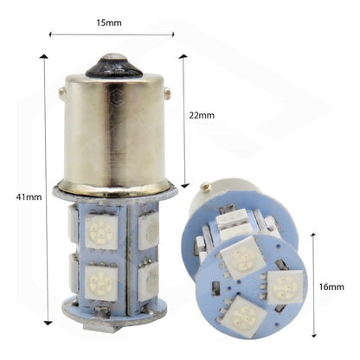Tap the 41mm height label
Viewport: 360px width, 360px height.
click(x=29, y=197)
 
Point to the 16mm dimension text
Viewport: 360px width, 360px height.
click(x=331, y=286)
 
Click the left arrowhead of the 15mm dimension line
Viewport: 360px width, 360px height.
click(x=51, y=35)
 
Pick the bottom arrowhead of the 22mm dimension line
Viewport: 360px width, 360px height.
click(x=183, y=184)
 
